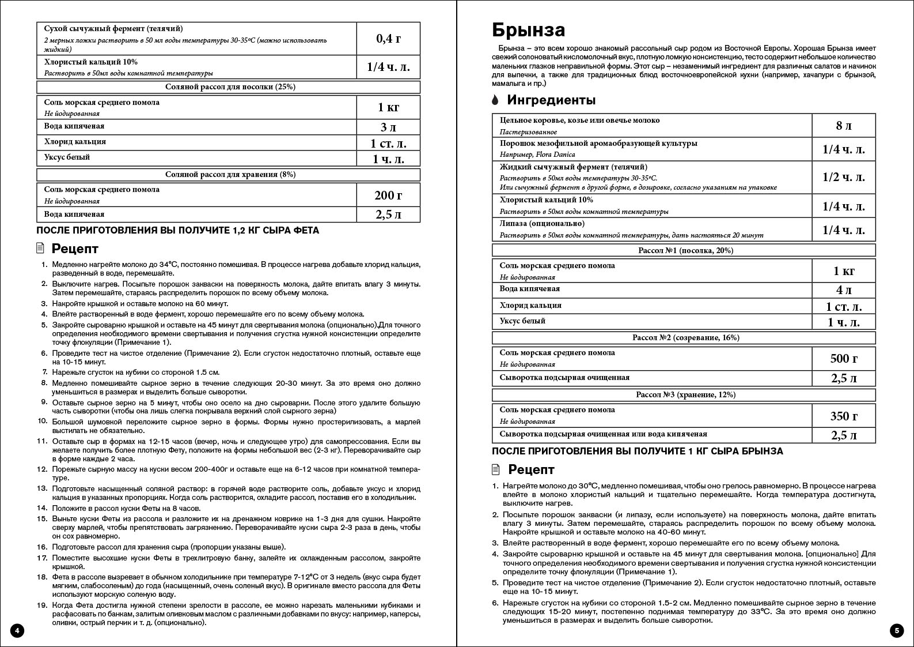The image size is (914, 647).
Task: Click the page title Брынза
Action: coord(528,30)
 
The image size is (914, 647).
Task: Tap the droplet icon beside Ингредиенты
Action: coord(495,100)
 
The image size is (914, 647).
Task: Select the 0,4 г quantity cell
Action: coord(388,39)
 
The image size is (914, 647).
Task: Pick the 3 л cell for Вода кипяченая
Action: coord(388,127)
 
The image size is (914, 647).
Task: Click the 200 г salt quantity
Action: coord(388,195)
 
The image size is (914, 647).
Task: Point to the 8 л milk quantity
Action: coord(843,126)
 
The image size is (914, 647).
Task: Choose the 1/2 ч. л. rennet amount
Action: coord(843,177)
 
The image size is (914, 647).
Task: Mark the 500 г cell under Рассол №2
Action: coord(843,359)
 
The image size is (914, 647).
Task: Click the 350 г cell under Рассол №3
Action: coord(843,416)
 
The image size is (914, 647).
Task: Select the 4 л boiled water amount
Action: coord(843,290)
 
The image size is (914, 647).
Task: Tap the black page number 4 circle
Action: coord(17,630)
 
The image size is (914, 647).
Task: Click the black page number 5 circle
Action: coord(896,630)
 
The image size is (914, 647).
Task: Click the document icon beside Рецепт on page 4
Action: coord(40,249)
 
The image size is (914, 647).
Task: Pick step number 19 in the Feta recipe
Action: coord(41,605)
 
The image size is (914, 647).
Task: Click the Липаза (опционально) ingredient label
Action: coord(542,224)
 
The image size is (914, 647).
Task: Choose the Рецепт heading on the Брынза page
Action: coord(531,469)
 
